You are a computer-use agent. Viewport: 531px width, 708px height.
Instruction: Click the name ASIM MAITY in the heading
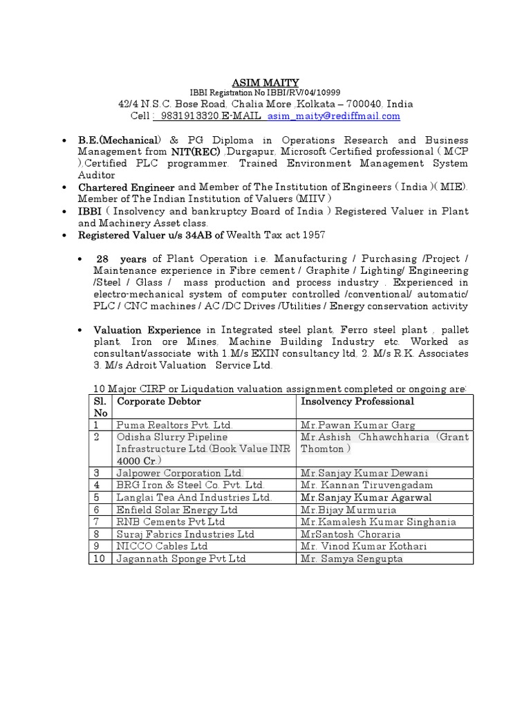pos(265,83)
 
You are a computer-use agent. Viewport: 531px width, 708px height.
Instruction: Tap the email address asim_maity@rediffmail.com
pos(334,116)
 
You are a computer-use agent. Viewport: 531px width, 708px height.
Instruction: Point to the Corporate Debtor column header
pos(159,401)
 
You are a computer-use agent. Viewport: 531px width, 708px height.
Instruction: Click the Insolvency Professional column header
pos(357,401)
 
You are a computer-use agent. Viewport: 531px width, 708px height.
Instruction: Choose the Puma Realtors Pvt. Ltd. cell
pos(175,425)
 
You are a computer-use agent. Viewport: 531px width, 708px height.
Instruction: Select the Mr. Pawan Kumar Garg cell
pos(357,425)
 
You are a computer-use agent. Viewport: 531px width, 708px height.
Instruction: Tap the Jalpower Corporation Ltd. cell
pos(180,473)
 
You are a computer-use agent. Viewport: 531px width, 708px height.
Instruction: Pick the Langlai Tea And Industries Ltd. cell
pos(194,498)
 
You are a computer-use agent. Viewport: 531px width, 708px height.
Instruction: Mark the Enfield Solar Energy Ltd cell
pos(177,510)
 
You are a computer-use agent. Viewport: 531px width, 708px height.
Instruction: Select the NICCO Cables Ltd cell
pos(162,546)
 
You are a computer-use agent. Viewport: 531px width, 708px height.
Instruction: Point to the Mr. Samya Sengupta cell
pos(352,559)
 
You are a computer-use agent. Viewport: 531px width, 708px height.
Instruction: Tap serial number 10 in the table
pos(99,559)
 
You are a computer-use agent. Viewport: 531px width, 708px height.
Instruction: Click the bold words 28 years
pos(121,259)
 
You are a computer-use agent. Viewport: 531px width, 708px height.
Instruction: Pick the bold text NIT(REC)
pos(196,151)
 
